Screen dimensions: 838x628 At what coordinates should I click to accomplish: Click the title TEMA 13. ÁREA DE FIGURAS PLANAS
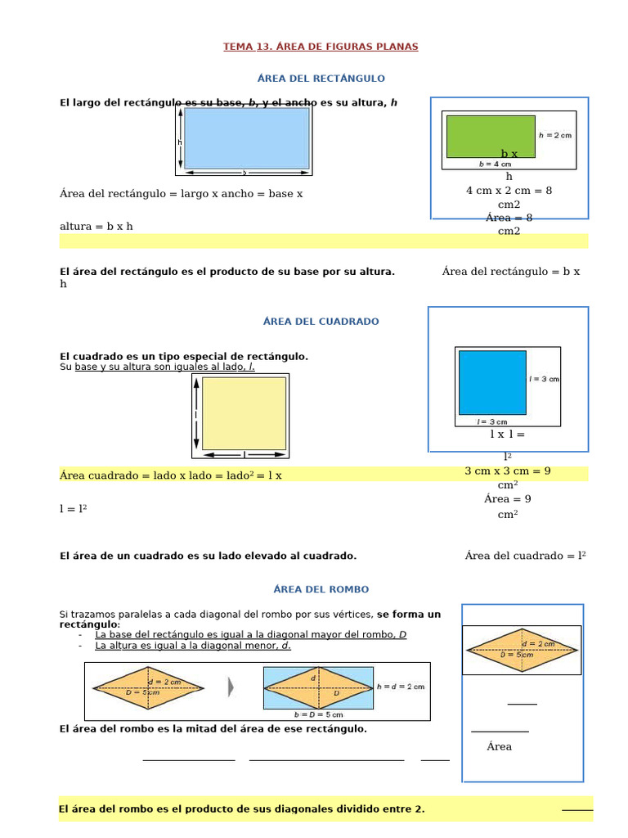(x=321, y=47)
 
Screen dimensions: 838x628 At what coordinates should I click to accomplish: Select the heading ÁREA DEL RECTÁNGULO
(x=321, y=79)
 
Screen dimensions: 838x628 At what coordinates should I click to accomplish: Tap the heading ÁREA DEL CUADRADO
(x=321, y=322)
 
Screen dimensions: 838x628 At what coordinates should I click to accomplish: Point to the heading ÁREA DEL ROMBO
(x=321, y=589)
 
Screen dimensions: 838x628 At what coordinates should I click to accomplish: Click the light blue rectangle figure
(x=246, y=138)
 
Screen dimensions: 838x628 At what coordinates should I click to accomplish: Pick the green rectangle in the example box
(x=491, y=136)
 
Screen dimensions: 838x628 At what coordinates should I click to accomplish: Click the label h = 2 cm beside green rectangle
(x=555, y=135)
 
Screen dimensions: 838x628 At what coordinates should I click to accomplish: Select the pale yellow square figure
(x=244, y=413)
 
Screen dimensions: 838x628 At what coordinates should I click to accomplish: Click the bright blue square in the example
(x=492, y=382)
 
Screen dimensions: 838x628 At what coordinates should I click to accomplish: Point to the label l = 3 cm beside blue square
(x=545, y=379)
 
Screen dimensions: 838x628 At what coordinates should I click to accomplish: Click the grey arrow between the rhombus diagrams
(x=231, y=687)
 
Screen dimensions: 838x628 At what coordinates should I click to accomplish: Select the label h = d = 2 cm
(x=401, y=687)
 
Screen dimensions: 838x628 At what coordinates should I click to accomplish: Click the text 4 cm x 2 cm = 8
(x=509, y=191)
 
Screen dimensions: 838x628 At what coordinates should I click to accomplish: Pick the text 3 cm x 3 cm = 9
(x=507, y=471)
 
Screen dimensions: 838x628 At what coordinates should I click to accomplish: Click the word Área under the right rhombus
(x=499, y=746)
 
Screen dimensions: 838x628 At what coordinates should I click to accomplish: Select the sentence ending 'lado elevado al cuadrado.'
(x=209, y=556)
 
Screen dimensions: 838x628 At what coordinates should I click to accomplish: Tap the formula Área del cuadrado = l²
(x=526, y=556)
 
